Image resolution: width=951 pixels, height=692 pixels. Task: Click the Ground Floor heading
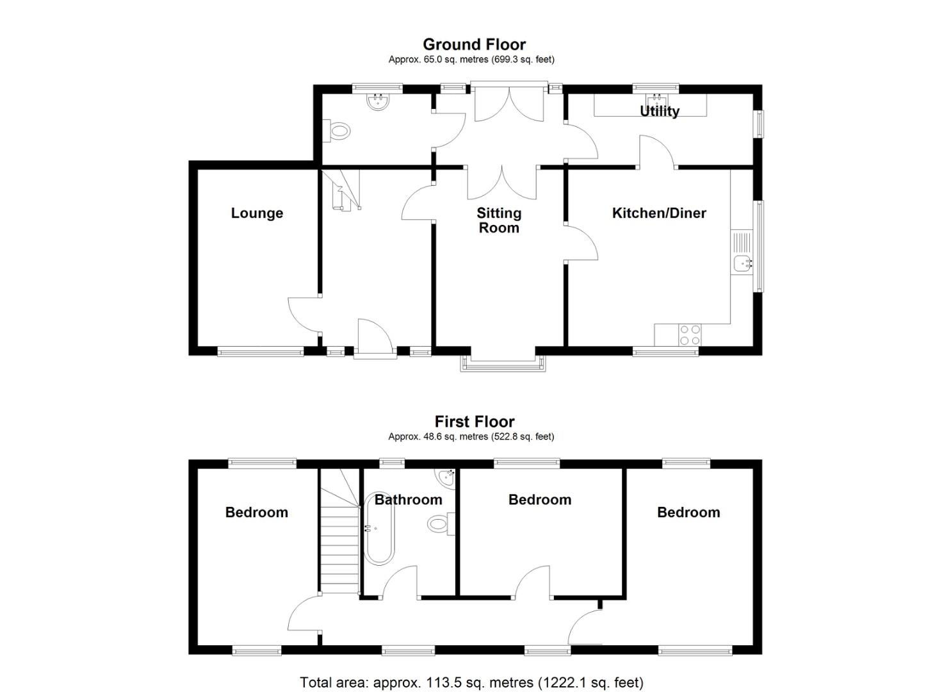(x=474, y=44)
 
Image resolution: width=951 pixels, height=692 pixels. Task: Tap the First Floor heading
(x=474, y=422)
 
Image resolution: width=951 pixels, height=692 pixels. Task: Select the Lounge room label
(x=257, y=213)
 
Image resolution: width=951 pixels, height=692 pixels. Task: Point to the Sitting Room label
(x=499, y=220)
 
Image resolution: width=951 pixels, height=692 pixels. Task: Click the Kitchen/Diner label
(x=659, y=213)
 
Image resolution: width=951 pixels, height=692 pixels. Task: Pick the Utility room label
(x=660, y=111)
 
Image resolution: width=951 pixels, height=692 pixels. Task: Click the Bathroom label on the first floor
(x=408, y=500)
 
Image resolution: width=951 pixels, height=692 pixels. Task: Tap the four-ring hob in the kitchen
(x=690, y=335)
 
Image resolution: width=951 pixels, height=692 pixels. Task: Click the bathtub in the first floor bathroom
(x=379, y=529)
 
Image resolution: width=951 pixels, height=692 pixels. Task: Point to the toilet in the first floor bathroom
(x=439, y=524)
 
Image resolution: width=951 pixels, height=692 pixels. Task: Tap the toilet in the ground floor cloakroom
(x=337, y=131)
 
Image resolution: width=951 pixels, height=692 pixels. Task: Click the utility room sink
(x=656, y=101)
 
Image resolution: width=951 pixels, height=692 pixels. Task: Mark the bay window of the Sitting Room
(x=503, y=363)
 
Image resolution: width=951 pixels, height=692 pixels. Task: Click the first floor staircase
(x=339, y=538)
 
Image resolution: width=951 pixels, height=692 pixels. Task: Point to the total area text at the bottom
(x=471, y=682)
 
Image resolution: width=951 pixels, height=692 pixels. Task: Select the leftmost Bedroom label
(x=257, y=513)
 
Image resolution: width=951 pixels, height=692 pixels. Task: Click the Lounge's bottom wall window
(x=260, y=351)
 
